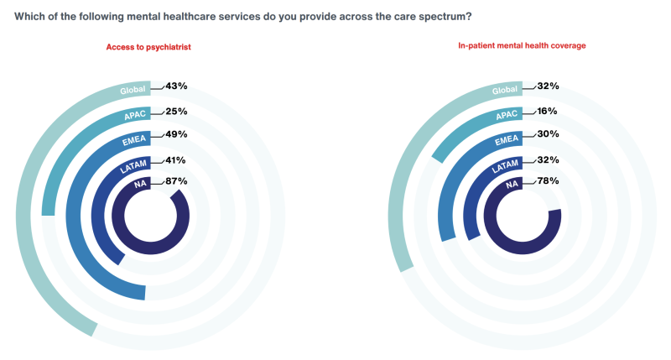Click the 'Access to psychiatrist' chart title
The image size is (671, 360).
click(148, 47)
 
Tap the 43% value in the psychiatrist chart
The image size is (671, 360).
click(175, 86)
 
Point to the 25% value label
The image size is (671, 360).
click(175, 111)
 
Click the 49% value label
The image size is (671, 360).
click(175, 134)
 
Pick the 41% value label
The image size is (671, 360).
click(175, 159)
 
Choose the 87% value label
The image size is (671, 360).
click(175, 180)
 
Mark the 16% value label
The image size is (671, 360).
click(548, 110)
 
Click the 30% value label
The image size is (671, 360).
click(548, 134)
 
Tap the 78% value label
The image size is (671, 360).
click(548, 180)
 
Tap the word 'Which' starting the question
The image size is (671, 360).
click(30, 16)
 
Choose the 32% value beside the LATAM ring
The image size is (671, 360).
click(548, 159)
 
